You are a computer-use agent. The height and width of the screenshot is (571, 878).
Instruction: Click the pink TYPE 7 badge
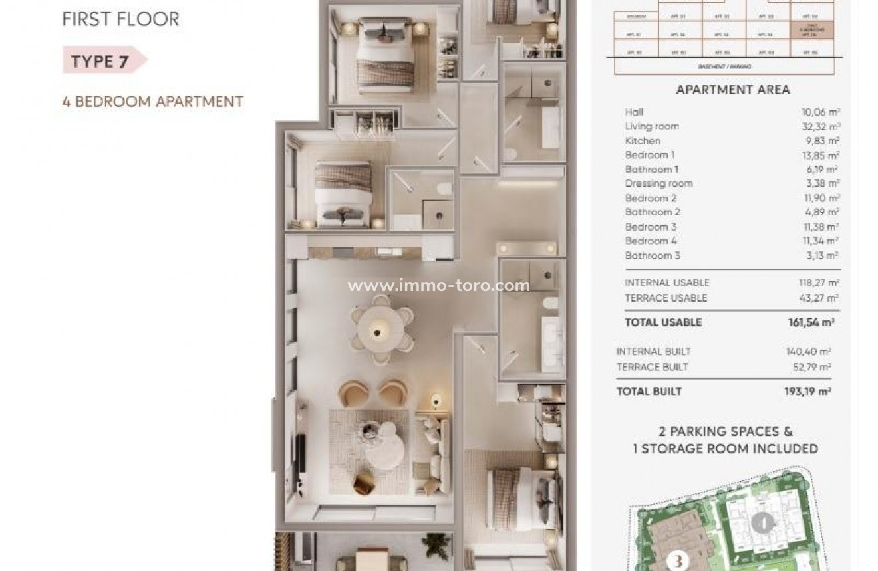pos(102,61)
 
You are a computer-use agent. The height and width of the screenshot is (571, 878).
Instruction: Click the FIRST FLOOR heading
pos(120,19)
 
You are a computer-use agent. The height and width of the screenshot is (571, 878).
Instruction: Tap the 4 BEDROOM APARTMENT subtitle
pos(152,102)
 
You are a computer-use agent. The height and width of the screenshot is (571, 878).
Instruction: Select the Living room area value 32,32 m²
pos(820,126)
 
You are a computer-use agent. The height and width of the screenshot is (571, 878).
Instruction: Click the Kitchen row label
pos(643,141)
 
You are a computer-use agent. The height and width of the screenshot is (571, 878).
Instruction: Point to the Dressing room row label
pos(658,183)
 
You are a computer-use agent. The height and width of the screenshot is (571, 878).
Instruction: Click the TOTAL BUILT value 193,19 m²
pos(807,392)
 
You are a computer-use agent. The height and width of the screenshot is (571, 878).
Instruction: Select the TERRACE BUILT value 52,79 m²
pos(808,367)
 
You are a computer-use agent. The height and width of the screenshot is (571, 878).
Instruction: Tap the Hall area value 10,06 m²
pos(820,112)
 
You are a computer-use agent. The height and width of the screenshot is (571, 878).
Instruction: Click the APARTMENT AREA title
pos(733,90)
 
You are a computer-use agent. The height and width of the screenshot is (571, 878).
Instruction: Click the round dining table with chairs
pos(381,328)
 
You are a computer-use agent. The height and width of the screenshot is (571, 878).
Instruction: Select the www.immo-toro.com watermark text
pos(439,286)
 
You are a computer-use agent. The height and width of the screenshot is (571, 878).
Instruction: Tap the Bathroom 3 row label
pos(652,255)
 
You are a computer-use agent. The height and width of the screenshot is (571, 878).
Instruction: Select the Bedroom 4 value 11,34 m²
pos(820,241)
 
